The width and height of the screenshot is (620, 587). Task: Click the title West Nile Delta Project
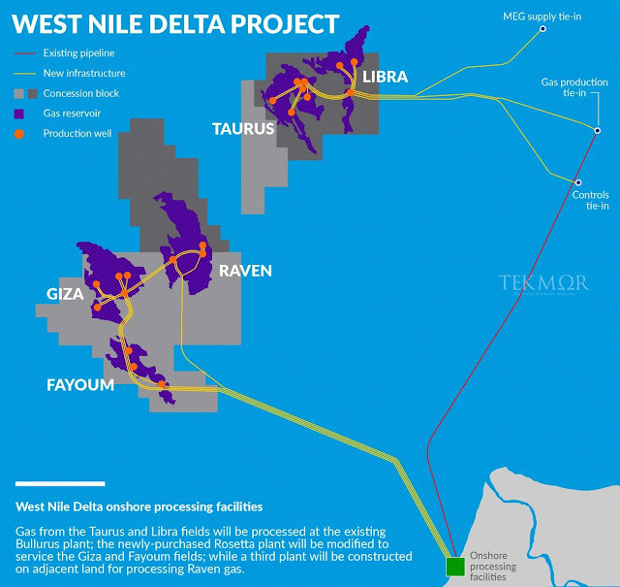[x=175, y=23]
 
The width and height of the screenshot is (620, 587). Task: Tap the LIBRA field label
[x=386, y=77]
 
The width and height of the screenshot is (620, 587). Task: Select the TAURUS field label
[x=242, y=127]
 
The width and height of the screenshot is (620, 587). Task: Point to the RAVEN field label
[x=245, y=271]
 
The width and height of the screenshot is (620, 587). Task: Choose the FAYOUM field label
[x=80, y=385]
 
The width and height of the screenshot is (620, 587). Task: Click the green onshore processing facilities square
[x=453, y=567]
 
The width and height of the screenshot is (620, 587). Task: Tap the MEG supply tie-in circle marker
[x=542, y=28]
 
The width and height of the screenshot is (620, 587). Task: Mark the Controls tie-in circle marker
[x=577, y=182]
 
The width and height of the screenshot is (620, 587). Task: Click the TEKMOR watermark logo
[x=543, y=283]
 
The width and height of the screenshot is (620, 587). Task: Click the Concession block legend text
[x=86, y=93]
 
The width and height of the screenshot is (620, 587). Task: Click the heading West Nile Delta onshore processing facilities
[x=139, y=506]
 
